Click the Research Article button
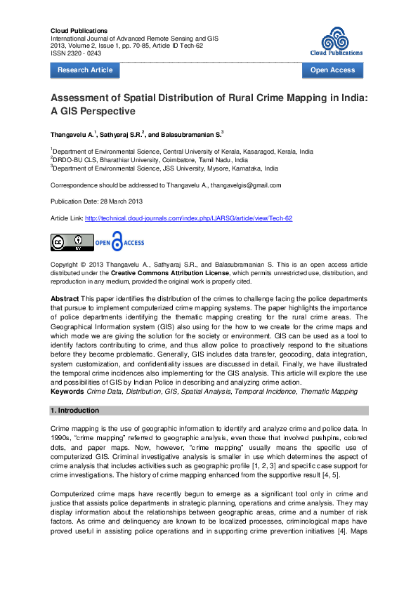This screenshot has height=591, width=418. click(85, 70)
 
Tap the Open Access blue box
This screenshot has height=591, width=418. click(332, 70)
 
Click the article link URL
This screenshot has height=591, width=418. click(188, 218)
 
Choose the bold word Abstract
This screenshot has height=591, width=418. click(65, 299)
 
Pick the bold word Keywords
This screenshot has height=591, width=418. click(67, 391)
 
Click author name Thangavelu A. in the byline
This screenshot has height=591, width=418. click(72, 134)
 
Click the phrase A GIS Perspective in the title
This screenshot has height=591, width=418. click(93, 111)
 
